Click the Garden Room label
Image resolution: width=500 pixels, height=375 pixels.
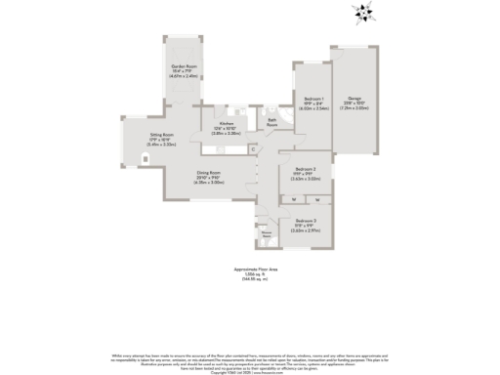(x=185, y=66)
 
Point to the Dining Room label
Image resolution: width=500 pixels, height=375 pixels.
(x=208, y=173)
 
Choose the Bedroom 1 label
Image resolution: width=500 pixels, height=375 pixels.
(x=313, y=100)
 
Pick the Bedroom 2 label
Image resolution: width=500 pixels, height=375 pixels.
(x=306, y=168)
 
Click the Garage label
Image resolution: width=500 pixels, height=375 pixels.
(x=353, y=97)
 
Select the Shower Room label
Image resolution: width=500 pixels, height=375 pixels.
(x=266, y=232)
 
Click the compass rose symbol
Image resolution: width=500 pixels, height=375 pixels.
(x=363, y=13)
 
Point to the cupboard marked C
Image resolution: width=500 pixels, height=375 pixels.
(x=252, y=147)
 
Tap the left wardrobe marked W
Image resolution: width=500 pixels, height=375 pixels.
(x=295, y=200)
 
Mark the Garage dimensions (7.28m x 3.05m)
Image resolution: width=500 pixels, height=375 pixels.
(x=353, y=108)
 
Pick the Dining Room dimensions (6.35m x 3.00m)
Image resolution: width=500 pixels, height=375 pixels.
(x=208, y=184)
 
